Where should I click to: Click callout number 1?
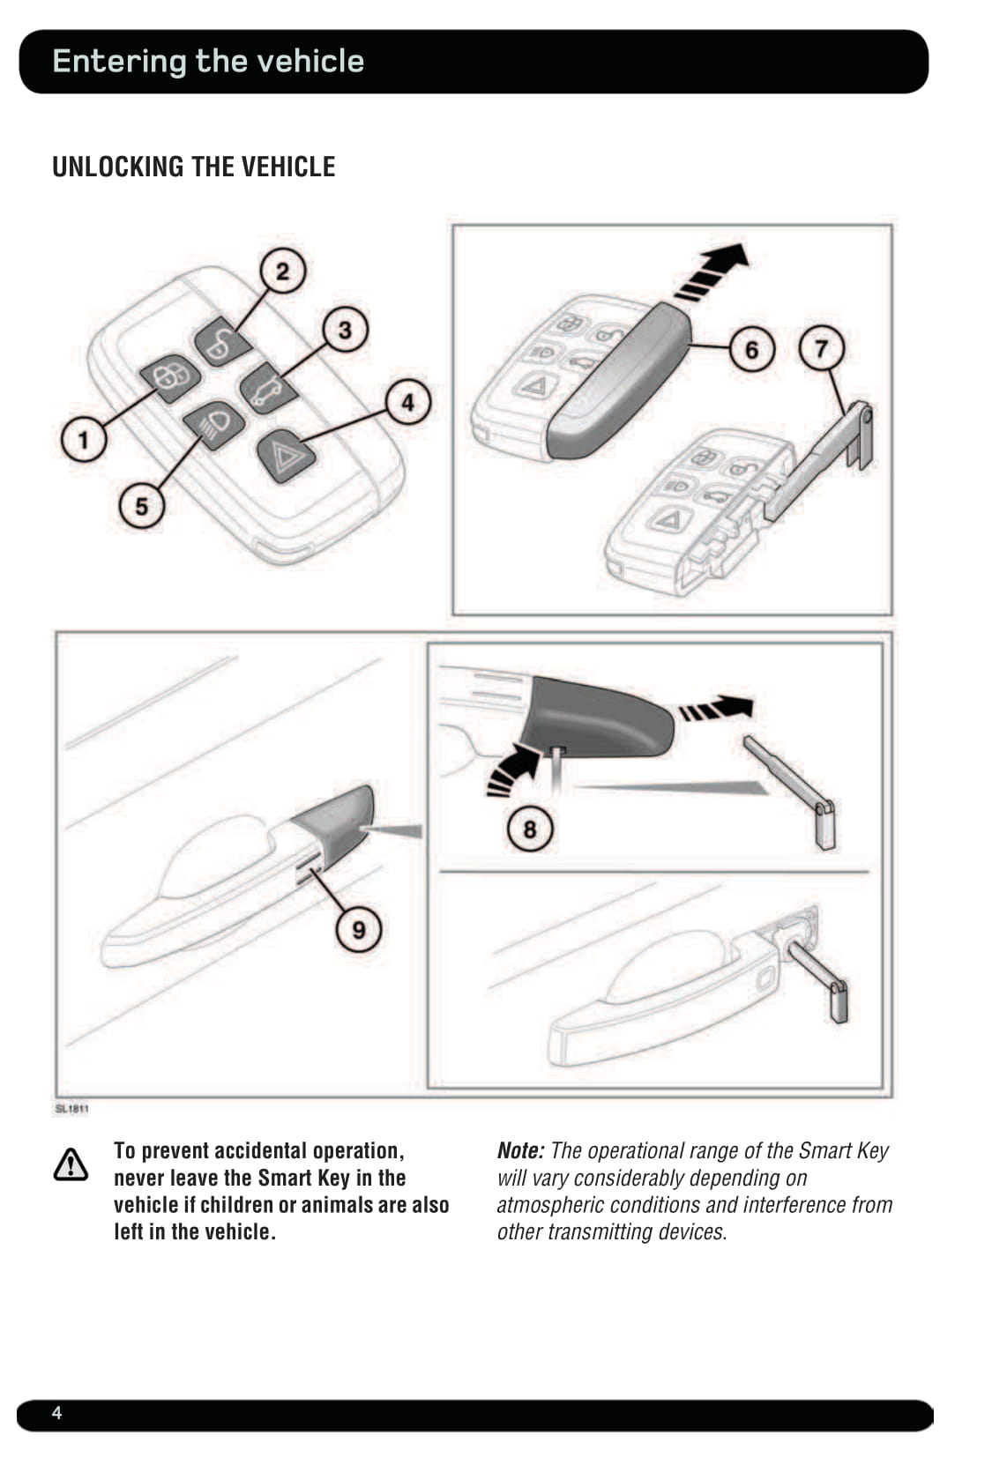[84, 438]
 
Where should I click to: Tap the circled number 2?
[282, 271]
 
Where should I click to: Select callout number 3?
[345, 330]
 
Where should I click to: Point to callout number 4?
[407, 403]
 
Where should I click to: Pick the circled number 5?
[141, 507]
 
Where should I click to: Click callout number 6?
[751, 350]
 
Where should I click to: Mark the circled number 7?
[821, 348]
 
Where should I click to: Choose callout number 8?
[529, 829]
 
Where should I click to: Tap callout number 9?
[359, 930]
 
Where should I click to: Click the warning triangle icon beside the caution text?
[71, 1164]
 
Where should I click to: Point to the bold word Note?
[520, 1150]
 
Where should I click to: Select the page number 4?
[57, 1413]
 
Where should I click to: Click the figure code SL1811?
[71, 1109]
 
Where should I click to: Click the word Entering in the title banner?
[119, 61]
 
